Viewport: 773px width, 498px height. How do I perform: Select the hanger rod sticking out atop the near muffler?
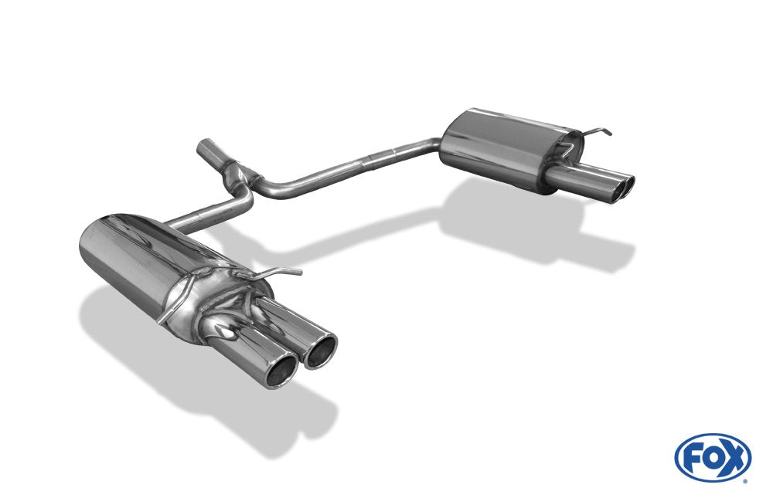click(278, 272)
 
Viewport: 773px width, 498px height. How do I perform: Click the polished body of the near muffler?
click(147, 259)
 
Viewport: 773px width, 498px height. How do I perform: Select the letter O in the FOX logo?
click(713, 459)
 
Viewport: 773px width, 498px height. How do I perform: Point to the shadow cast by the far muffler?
click(541, 232)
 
